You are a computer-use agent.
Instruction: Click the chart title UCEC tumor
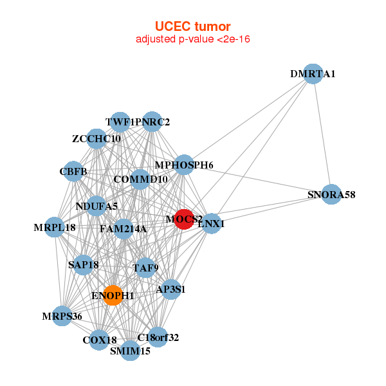point(192,26)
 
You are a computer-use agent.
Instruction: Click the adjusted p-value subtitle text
point(192,39)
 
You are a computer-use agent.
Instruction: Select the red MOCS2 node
point(184,219)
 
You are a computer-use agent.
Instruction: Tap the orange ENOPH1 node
point(113,295)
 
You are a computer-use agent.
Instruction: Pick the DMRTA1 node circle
point(313,74)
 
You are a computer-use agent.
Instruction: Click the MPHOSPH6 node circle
point(184,165)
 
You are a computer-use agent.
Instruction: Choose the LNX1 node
point(212,224)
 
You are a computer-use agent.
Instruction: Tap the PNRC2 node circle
point(152,122)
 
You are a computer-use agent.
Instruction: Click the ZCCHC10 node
point(96,138)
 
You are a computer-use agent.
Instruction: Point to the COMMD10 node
point(140,179)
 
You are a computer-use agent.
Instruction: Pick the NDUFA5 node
point(96,206)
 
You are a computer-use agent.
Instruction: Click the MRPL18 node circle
point(55,227)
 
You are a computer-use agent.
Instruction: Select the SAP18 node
point(83,264)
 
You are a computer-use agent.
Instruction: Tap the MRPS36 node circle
point(62,316)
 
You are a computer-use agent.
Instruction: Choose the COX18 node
point(99,340)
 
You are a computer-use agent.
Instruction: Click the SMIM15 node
point(131,351)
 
